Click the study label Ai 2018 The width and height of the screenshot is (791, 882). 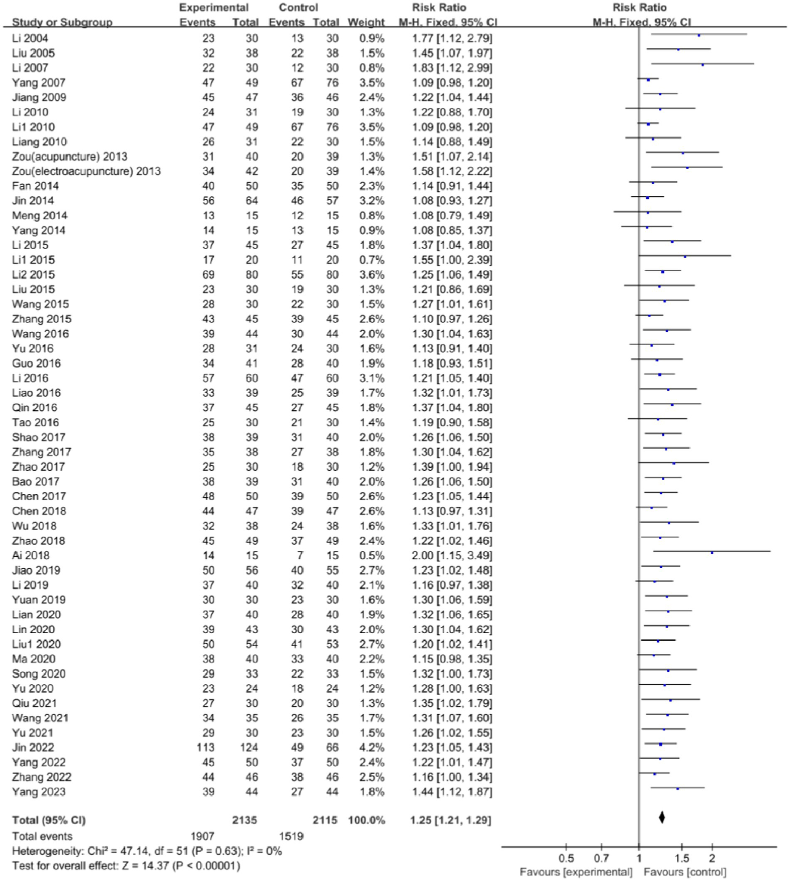31,556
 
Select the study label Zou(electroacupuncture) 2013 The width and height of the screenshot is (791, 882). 86,171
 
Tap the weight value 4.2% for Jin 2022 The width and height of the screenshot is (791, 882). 372,748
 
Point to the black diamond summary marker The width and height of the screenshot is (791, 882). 662,817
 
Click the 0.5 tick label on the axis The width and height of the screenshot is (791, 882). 566,858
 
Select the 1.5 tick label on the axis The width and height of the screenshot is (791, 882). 681,858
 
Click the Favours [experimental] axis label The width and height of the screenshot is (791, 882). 576,872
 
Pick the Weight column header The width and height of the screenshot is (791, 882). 366,23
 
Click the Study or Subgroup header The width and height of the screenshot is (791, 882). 62,23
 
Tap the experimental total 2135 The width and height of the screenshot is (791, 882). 244,820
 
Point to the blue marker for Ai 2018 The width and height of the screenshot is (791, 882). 712,552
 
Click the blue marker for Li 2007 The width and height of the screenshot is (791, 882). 702,65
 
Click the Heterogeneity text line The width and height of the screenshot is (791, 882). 147,851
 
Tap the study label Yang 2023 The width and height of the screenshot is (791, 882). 39,792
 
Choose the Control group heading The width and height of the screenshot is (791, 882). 298,8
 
